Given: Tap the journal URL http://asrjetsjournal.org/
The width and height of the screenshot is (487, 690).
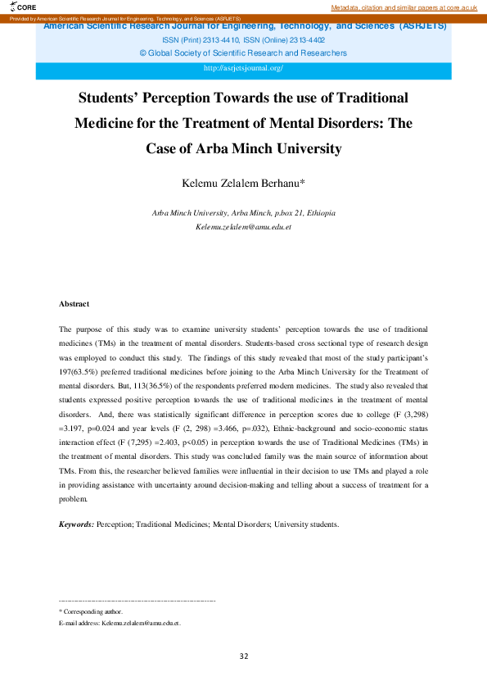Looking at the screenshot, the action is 243,69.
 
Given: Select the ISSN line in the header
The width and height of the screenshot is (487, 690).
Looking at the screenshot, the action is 243,39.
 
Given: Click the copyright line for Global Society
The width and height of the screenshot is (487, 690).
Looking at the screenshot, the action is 243,52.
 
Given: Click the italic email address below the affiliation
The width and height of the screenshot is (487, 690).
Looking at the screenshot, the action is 243,225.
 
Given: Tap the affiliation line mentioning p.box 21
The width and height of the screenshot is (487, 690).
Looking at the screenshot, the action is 243,213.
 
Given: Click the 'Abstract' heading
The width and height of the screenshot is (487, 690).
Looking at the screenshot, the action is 74,304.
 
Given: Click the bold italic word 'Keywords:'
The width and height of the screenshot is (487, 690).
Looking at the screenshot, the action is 76,523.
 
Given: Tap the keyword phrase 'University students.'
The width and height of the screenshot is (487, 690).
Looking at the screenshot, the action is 306,523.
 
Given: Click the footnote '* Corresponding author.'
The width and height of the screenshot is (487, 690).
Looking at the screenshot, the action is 91,611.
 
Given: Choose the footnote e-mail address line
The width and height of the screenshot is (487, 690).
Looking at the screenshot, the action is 119,624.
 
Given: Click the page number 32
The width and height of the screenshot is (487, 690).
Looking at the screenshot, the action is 243,656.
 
